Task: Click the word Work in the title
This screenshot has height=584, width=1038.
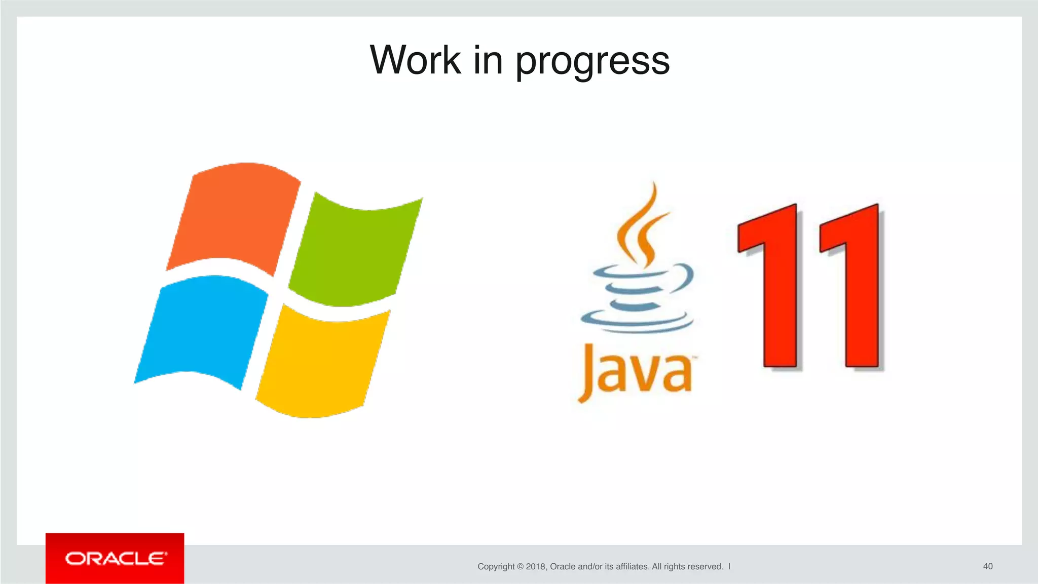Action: coord(415,60)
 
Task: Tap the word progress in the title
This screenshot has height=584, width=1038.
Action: coord(592,62)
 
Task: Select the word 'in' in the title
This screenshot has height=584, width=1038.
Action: coord(488,60)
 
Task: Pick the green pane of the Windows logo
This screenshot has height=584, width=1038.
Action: coord(355,251)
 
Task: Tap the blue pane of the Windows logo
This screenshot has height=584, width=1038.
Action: coord(203,329)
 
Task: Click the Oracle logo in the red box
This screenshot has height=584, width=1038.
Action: coord(115,559)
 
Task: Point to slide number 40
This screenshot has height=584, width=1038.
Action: coord(987,566)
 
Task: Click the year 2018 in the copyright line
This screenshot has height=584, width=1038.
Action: coord(536,567)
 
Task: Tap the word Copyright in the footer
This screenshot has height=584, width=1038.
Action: coord(496,567)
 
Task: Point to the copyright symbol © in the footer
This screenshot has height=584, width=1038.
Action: coord(520,567)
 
